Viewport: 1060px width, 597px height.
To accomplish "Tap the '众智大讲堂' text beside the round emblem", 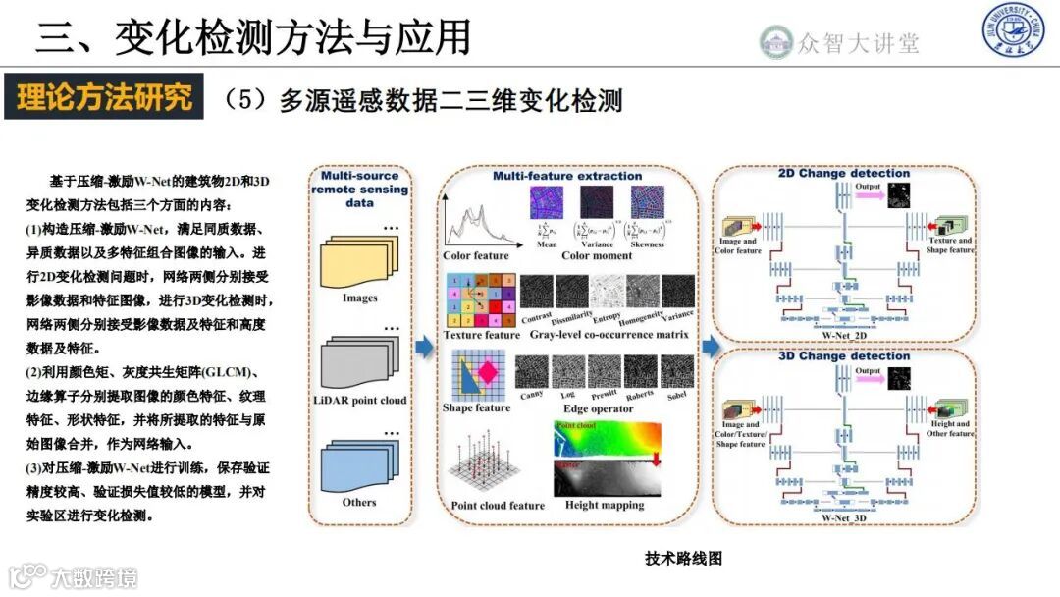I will (859, 42).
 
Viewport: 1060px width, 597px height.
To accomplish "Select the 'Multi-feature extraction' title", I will (567, 176).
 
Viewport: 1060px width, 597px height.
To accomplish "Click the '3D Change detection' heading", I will (844, 355).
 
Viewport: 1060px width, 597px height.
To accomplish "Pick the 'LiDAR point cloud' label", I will (360, 401).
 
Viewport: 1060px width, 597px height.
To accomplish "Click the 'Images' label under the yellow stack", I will (360, 298).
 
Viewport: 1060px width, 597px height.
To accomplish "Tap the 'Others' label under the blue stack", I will (359, 502).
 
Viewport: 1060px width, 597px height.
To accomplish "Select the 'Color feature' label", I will (476, 256).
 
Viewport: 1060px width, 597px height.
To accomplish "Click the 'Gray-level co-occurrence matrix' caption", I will (609, 335).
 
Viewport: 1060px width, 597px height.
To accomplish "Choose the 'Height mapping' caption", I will (605, 505).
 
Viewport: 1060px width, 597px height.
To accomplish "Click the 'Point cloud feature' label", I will (498, 506).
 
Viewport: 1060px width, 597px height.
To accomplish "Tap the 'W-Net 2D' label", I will (845, 334).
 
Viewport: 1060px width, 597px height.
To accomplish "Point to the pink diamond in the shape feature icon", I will (488, 373).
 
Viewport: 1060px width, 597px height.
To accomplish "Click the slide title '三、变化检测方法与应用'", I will (253, 37).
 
